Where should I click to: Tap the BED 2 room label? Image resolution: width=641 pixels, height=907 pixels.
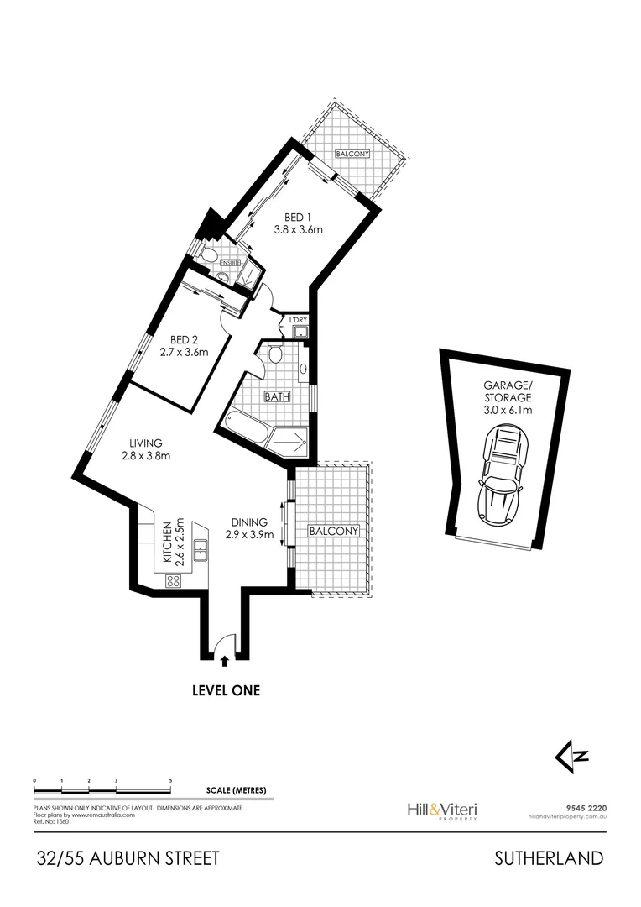184,346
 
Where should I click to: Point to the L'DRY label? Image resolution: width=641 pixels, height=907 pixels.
297,320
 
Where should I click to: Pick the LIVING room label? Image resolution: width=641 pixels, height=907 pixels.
145,449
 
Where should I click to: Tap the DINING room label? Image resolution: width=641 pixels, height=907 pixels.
249,527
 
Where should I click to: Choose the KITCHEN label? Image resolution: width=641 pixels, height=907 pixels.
172,541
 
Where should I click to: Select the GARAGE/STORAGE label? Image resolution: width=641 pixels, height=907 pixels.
507,399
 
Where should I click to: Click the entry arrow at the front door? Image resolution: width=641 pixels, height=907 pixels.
222,663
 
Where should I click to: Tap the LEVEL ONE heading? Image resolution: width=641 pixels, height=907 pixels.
226,691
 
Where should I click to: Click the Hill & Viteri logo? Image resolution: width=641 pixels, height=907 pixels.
441,810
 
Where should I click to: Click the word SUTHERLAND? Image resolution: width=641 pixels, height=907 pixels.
549,858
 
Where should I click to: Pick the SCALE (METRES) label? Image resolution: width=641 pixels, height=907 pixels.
236,790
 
